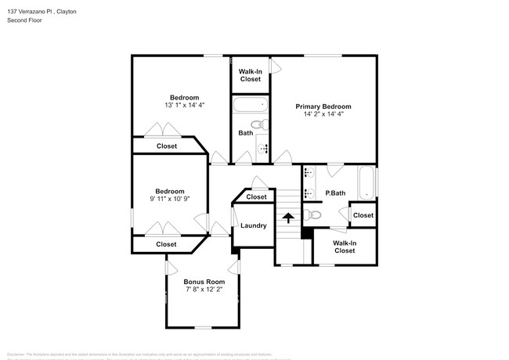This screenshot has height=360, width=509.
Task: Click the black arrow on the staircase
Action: (288, 218)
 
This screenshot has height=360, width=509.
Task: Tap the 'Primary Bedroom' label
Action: (323, 106)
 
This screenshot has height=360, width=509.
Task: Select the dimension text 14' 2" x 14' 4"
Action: (323, 114)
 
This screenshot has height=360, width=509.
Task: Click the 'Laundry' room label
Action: (253, 225)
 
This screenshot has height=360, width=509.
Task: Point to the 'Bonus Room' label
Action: (204, 282)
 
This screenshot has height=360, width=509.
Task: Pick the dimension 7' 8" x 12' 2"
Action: (204, 290)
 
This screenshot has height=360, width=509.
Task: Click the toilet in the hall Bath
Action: (258, 125)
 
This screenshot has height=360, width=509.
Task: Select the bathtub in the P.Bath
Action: (367, 183)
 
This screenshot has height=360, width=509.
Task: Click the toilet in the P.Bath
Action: (313, 214)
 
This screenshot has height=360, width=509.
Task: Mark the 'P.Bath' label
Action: (335, 193)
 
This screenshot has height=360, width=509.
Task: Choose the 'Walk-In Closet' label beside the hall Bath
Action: (251, 75)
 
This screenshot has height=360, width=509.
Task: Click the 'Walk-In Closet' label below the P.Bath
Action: (345, 247)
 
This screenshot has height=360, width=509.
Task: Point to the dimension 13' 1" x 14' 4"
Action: (184, 106)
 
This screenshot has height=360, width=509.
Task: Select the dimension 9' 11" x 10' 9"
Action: (169, 200)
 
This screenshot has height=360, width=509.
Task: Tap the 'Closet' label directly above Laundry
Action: (256, 197)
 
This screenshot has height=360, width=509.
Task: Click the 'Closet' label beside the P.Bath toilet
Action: (363, 215)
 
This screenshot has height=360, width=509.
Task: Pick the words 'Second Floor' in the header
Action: (25, 20)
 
